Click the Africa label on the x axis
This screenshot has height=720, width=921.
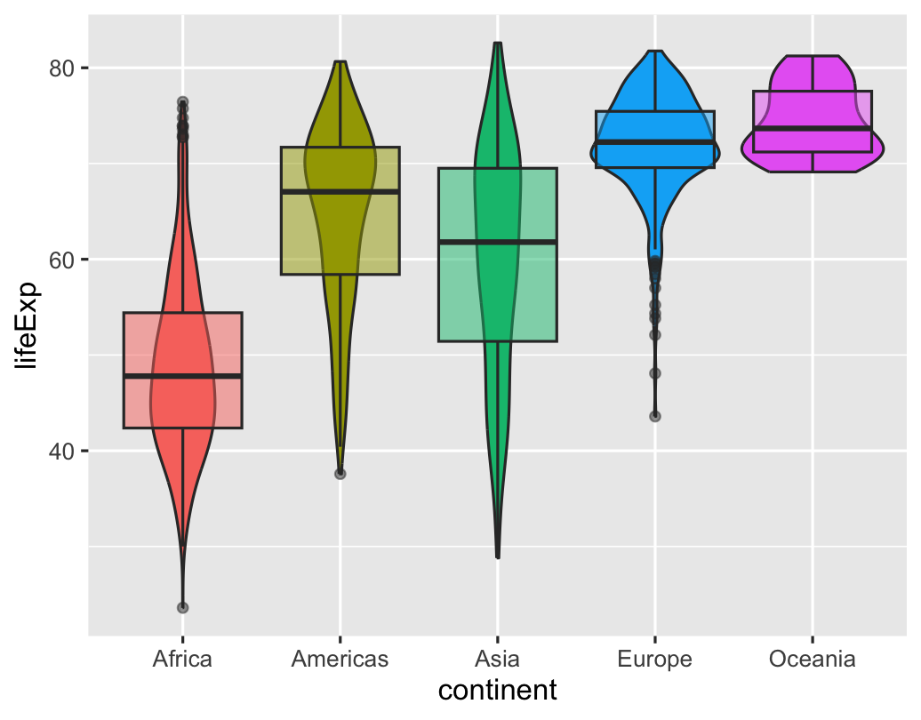[182, 660]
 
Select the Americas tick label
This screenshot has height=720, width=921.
[340, 660]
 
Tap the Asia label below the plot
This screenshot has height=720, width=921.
[497, 660]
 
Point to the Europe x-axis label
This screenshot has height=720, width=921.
[654, 660]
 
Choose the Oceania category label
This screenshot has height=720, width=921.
[812, 660]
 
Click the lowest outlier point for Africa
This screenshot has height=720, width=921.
[182, 608]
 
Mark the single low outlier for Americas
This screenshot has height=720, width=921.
[340, 474]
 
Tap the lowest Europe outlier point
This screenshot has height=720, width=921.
[655, 416]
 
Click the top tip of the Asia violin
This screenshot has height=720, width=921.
[498, 44]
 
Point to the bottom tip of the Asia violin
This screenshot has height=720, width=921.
[498, 557]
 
